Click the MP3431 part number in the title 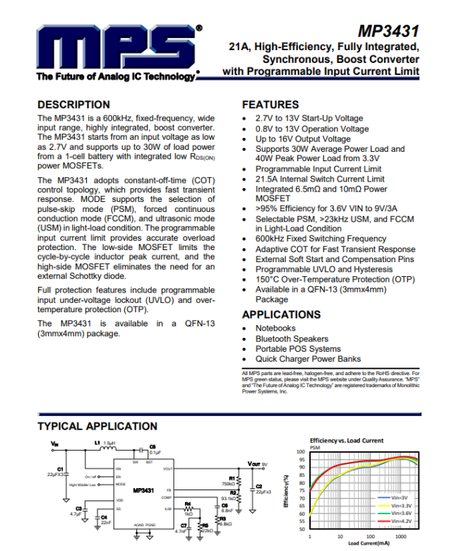(x=388, y=31)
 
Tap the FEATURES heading (x=270, y=105)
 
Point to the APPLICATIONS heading (x=281, y=314)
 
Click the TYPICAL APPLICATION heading (x=97, y=426)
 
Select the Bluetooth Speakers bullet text (x=292, y=339)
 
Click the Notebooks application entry (x=275, y=328)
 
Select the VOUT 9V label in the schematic (x=258, y=464)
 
